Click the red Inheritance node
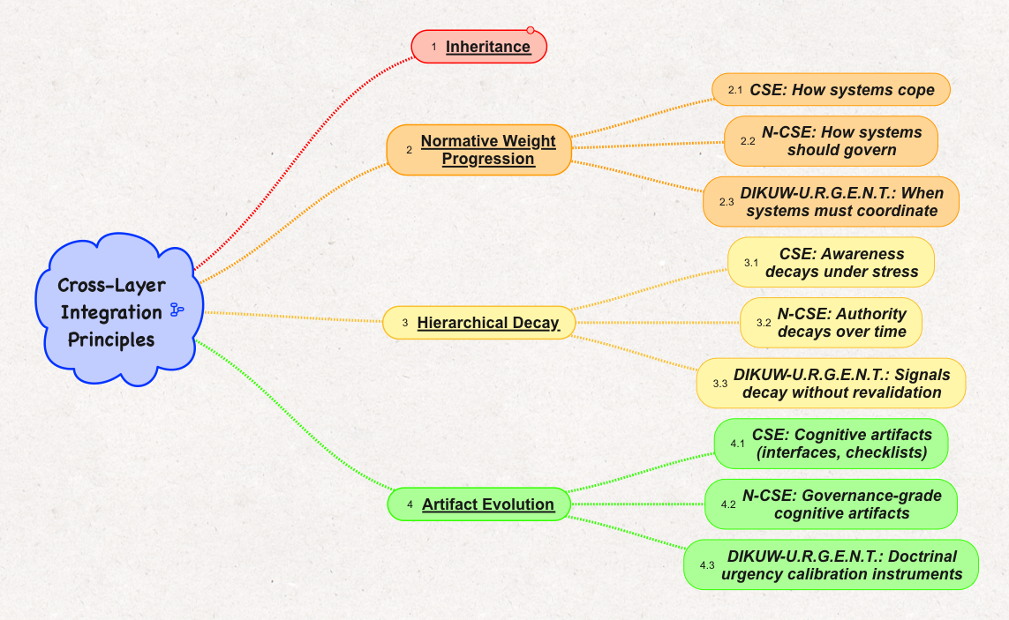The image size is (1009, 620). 478,47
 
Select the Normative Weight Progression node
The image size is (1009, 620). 478,150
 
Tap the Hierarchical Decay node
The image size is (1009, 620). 478,322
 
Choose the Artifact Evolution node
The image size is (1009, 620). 478,504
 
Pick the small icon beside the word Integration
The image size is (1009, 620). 177,310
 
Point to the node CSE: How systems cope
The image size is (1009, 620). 831,89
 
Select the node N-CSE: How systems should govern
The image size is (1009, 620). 831,141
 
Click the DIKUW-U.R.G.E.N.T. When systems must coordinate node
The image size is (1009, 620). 831,201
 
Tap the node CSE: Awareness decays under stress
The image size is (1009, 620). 831,263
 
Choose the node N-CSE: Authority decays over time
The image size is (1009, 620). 831,322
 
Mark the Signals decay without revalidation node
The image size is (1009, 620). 831,384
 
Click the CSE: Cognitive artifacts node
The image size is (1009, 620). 831,444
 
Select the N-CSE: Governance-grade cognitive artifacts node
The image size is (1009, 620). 831,504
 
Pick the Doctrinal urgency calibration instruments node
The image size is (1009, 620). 831,564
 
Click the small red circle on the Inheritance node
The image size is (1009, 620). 531,30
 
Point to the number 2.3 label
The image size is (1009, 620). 727,202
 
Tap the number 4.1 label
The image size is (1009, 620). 737,444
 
